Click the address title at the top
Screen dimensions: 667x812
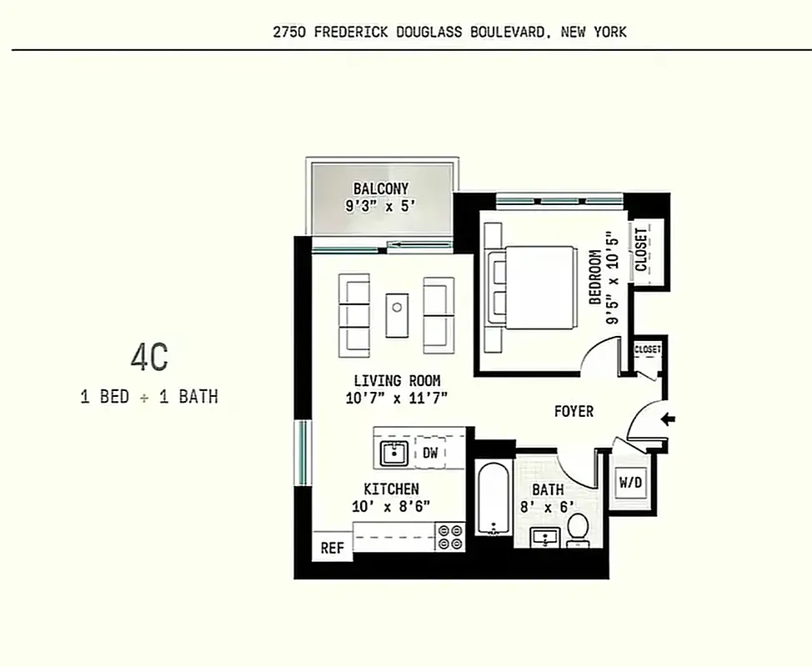click(450, 33)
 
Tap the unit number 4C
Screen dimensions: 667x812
click(149, 358)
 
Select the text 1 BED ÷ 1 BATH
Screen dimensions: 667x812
click(149, 397)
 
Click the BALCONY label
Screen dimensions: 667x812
click(380, 188)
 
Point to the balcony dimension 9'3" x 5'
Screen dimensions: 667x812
click(380, 205)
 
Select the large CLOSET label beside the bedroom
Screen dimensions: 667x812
click(641, 250)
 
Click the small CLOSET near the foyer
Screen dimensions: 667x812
click(647, 349)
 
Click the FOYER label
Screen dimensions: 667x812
click(574, 411)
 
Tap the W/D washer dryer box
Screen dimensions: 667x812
click(631, 481)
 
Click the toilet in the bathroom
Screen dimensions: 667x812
click(578, 529)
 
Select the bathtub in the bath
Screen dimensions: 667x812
click(493, 499)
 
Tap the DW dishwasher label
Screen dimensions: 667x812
click(430, 454)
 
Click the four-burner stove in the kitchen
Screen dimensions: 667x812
click(450, 535)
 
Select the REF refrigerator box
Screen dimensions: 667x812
click(332, 548)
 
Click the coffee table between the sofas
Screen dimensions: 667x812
click(398, 314)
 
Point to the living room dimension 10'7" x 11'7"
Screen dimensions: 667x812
click(397, 398)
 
